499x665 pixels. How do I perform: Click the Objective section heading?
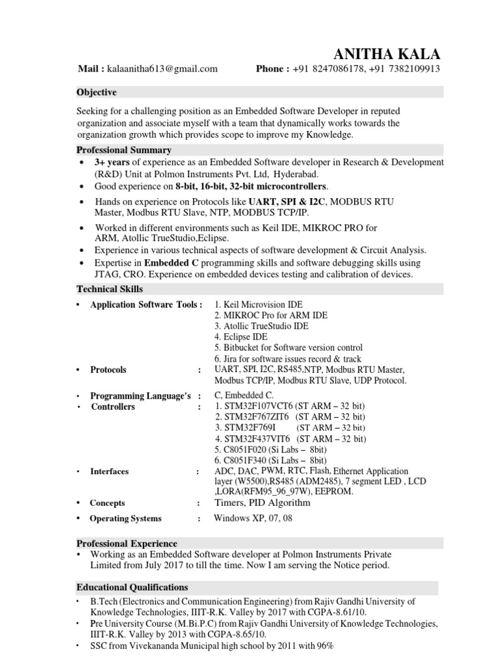click(x=97, y=92)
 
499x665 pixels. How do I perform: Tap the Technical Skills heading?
click(x=110, y=289)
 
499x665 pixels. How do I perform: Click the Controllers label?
click(x=113, y=407)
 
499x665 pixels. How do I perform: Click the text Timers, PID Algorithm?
click(x=262, y=502)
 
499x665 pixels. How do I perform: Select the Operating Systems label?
click(x=125, y=519)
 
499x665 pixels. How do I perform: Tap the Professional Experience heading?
click(x=127, y=543)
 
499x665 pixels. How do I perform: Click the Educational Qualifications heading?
click(x=133, y=587)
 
